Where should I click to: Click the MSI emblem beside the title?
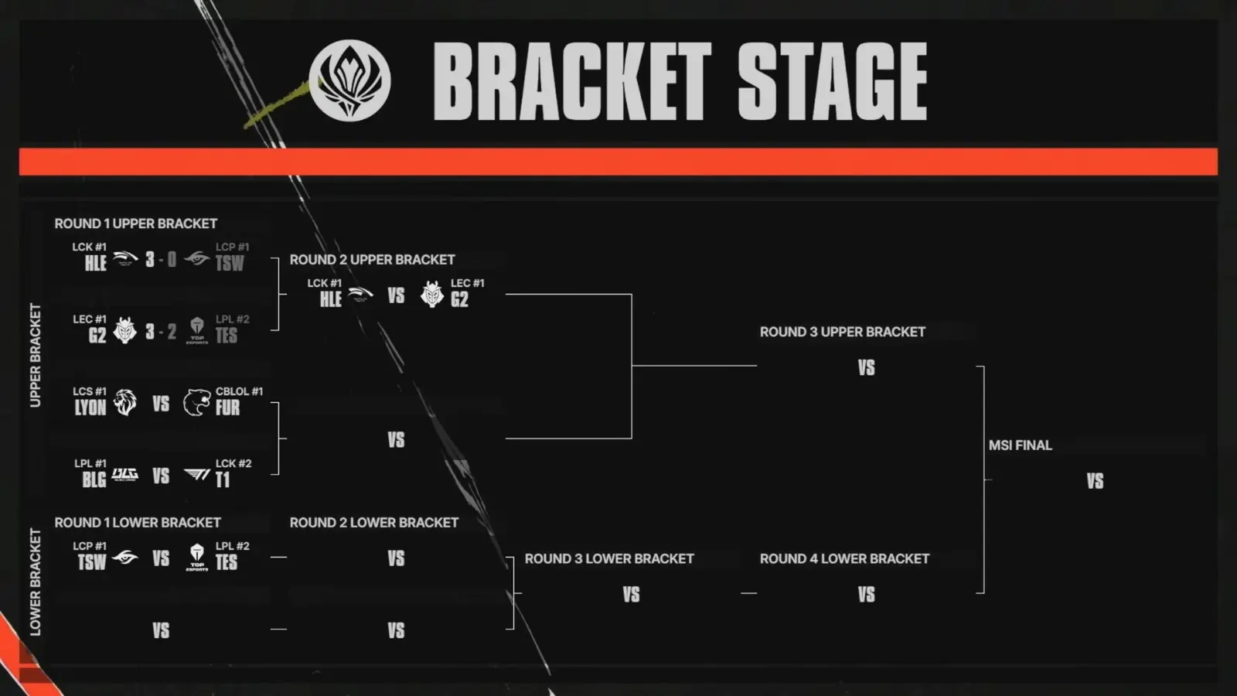click(349, 80)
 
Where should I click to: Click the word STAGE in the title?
click(832, 82)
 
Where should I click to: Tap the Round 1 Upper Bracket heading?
click(136, 223)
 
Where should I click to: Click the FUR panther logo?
click(196, 402)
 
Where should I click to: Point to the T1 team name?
click(223, 479)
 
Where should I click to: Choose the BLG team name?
click(94, 479)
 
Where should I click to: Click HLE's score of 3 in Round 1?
click(150, 259)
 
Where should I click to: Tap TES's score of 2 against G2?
click(172, 332)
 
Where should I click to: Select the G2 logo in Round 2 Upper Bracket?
click(432, 294)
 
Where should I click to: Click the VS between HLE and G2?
click(396, 295)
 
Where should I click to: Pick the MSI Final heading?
click(1020, 445)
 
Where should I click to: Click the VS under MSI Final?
click(1095, 481)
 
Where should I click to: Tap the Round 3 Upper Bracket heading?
click(842, 332)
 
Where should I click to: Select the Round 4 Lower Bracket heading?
click(844, 559)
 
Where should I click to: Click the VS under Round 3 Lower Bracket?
click(631, 595)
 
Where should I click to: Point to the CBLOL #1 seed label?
click(239, 391)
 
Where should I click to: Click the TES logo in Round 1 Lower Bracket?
click(196, 558)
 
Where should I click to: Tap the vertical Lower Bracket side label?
click(36, 582)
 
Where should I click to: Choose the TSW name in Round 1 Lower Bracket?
click(92, 562)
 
